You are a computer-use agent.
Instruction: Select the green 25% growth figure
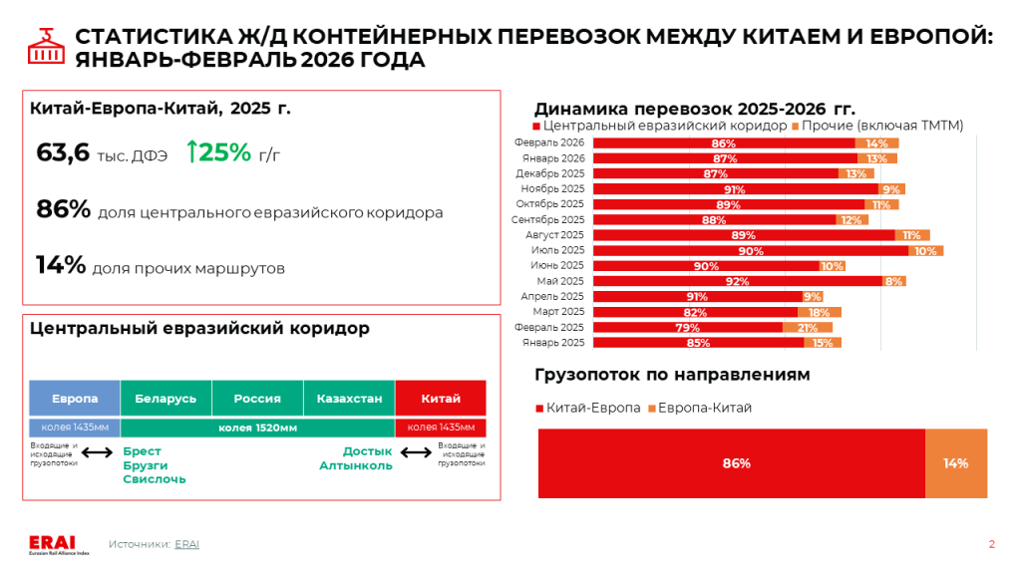coord(218,152)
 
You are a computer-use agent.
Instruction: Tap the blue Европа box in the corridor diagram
coord(75,399)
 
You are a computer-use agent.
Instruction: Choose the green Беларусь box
coord(166,399)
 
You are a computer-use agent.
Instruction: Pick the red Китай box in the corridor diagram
coord(441,399)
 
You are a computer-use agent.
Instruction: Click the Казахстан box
coord(349,399)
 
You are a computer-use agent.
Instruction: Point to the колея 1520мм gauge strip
coord(257,428)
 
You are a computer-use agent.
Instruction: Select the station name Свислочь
coord(155,479)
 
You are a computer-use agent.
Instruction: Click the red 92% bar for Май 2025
coord(737,281)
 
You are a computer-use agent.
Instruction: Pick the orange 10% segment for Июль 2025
coord(925,250)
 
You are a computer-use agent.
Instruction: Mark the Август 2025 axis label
coord(554,235)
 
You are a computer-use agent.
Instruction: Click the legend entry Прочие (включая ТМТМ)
coord(882,126)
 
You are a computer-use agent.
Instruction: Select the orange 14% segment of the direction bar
coord(956,463)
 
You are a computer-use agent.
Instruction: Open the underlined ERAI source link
coord(186,544)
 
